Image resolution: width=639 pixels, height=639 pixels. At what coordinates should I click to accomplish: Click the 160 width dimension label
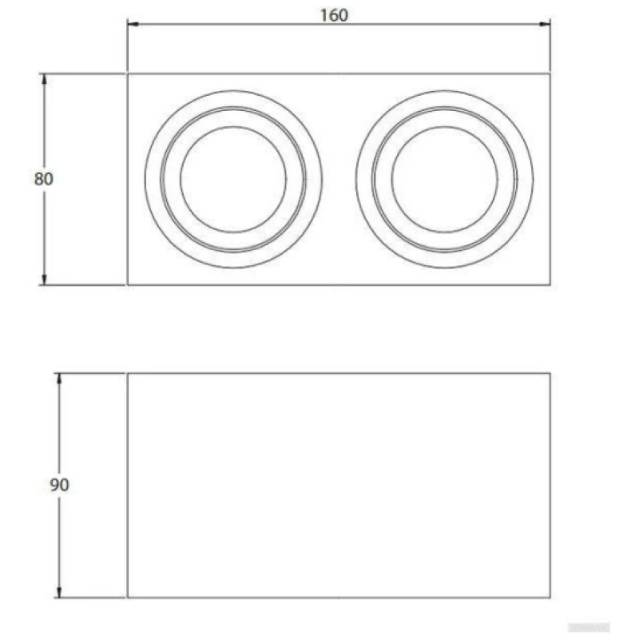pos(334,15)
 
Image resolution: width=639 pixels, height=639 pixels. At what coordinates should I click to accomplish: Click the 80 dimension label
pos(44,179)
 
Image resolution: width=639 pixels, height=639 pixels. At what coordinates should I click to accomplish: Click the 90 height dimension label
pos(59,485)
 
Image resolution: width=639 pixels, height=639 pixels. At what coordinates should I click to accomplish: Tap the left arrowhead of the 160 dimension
pos(133,24)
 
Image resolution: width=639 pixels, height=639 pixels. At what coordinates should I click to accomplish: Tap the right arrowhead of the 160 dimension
pos(545,24)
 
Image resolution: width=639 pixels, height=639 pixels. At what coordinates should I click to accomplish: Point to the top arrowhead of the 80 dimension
pos(44,79)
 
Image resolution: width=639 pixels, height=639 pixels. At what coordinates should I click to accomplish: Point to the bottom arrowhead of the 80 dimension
pos(44,280)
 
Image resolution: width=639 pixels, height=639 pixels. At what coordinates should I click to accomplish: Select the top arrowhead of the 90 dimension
pos(59,379)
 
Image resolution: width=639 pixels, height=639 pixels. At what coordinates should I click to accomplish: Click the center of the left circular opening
pos(233,179)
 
